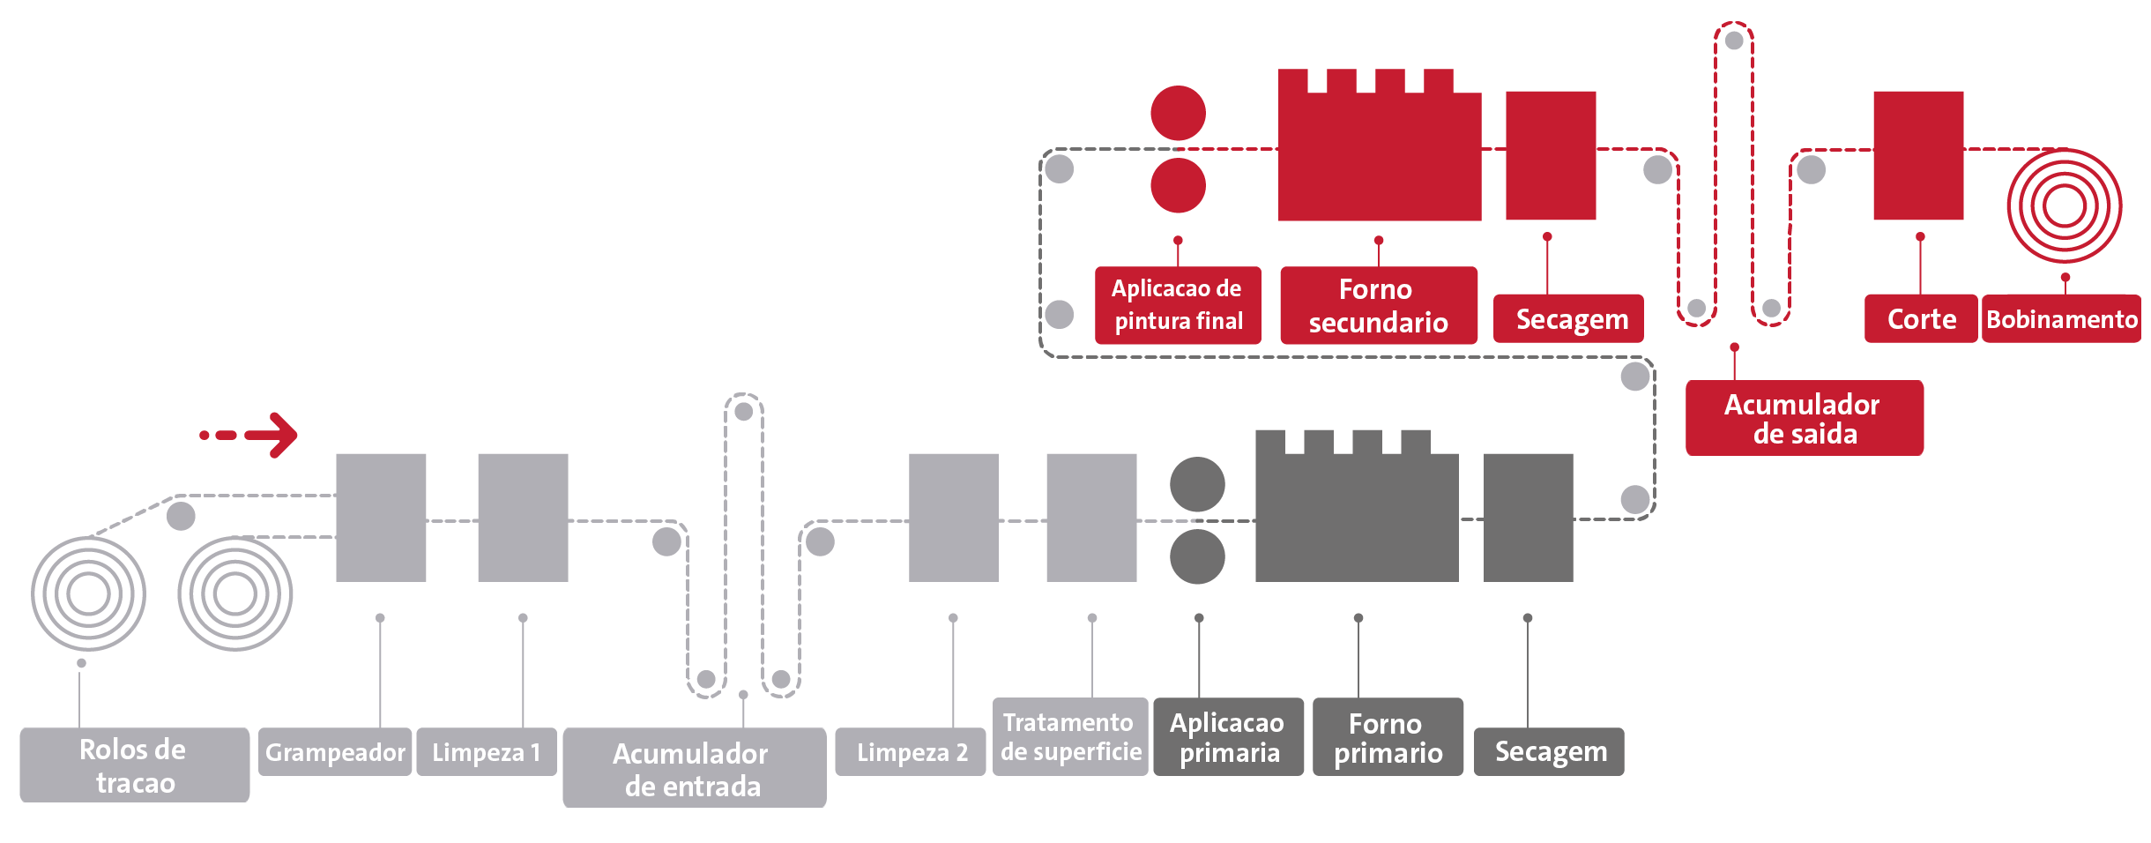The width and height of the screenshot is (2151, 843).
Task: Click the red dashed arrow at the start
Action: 250,435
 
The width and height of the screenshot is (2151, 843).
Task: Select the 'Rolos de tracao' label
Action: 134,765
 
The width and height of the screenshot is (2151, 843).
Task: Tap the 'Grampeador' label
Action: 335,751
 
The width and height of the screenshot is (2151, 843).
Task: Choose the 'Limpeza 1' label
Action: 486,751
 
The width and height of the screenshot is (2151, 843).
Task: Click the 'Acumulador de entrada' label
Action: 694,767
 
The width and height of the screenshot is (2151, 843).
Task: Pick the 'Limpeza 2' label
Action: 911,751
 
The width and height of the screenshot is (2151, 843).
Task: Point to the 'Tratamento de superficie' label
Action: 1070,736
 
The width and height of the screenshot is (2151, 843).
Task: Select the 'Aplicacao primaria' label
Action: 1227,736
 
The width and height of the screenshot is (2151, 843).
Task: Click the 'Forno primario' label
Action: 1388,736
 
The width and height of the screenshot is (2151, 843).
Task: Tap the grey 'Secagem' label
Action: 1549,751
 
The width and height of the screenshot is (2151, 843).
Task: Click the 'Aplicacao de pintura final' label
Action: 1178,304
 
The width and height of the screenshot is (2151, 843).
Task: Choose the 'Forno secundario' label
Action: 1378,304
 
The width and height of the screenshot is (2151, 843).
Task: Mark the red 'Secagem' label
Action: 1569,318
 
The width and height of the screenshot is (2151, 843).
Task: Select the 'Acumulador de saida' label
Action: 1804,418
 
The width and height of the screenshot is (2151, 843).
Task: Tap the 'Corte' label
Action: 1920,318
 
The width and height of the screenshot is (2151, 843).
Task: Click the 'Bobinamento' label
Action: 2061,318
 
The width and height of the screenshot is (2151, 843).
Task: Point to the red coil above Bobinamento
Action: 2064,206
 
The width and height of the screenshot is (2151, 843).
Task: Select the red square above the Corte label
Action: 1918,155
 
